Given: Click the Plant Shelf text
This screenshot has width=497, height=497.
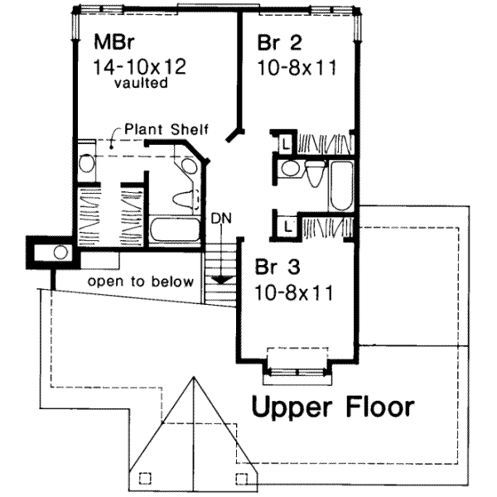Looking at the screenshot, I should [166, 129].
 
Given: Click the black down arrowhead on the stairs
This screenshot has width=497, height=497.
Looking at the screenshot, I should [220, 279].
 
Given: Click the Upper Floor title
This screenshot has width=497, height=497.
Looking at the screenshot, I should [333, 407].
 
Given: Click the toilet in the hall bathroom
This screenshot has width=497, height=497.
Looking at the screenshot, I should [316, 175].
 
